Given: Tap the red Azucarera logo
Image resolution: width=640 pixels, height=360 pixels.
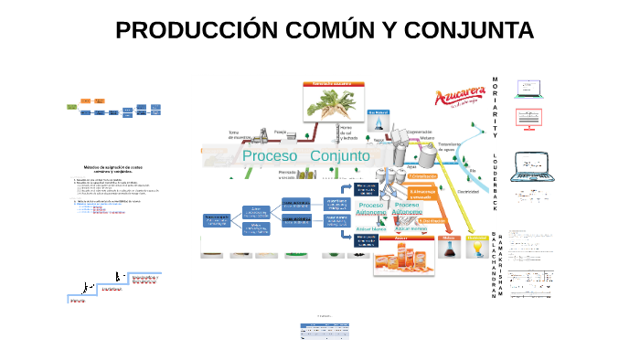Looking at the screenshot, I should pyautogui.click(x=458, y=98).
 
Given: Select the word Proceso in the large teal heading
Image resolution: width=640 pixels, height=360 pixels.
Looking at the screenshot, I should pyautogui.click(x=270, y=156).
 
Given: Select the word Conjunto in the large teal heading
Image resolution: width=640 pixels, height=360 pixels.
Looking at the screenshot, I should pyautogui.click(x=340, y=156).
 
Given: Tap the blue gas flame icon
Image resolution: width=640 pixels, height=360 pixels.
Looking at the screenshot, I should pyautogui.click(x=379, y=123).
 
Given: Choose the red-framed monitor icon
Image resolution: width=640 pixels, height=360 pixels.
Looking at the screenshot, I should pyautogui.click(x=532, y=118).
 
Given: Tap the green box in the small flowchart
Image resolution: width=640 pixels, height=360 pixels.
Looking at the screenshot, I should pyautogui.click(x=71, y=107).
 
